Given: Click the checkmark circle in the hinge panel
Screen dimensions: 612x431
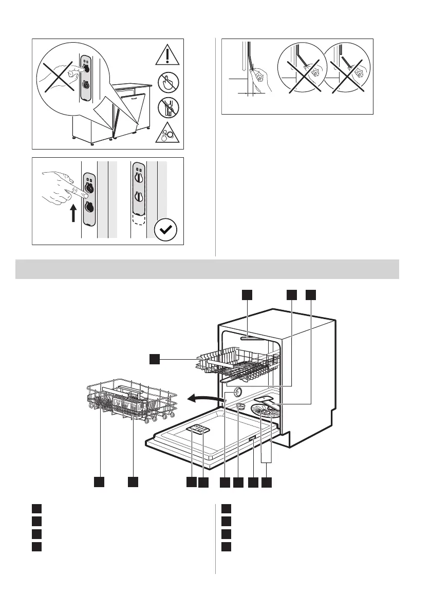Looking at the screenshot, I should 166,232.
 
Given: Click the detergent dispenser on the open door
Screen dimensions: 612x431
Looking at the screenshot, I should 197,431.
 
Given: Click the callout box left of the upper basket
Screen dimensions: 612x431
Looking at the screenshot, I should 155,359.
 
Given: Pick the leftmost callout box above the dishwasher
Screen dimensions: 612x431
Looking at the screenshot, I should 248,294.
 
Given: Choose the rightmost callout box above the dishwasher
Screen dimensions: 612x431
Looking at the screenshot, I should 311,294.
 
